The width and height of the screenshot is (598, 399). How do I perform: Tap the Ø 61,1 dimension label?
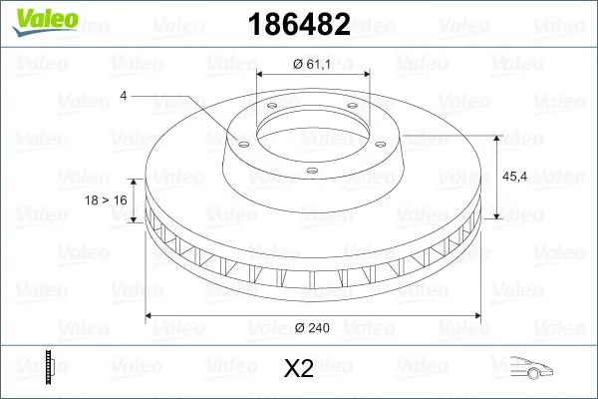(312, 65)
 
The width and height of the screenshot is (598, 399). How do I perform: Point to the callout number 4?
(123, 96)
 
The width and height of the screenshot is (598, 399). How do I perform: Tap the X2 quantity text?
(299, 370)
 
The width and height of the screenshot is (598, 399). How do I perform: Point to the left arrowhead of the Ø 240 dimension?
(150, 316)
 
